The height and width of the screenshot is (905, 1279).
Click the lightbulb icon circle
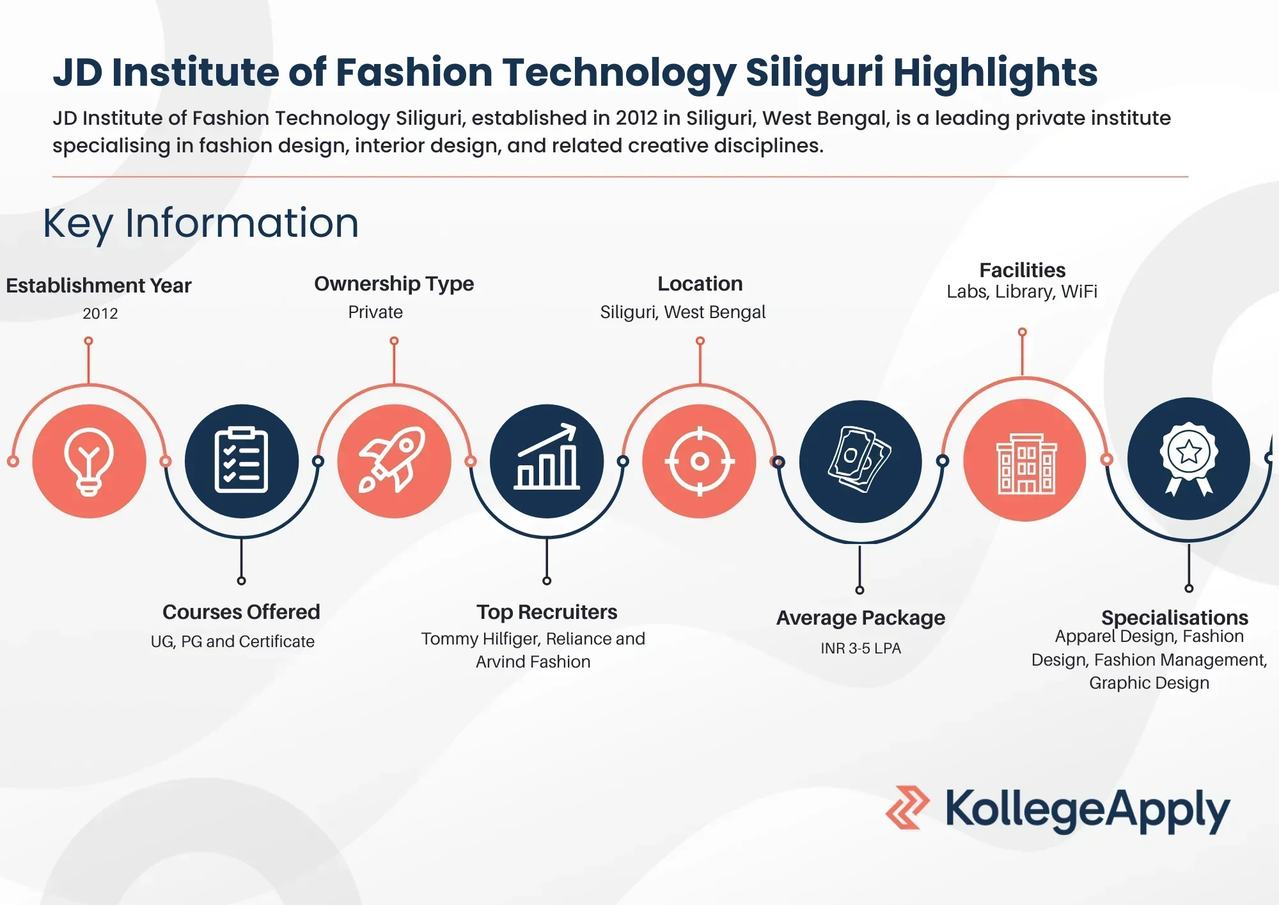(89, 461)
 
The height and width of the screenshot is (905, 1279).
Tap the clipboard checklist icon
(241, 461)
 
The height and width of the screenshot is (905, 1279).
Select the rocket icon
(394, 461)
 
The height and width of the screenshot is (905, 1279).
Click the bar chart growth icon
(547, 461)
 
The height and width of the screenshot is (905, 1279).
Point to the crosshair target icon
(700, 461)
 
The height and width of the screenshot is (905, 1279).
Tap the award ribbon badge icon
(1188, 458)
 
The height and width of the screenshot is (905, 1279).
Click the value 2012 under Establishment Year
(100, 314)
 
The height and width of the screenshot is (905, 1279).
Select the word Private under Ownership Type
(375, 312)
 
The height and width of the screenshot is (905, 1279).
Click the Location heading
(700, 284)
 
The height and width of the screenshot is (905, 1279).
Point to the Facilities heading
(1022, 270)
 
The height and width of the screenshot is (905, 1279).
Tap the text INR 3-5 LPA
(861, 648)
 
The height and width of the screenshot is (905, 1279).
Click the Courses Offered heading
(241, 612)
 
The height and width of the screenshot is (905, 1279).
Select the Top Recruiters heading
(547, 612)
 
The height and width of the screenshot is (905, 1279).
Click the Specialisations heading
(1174, 618)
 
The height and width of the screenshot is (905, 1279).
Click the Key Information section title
(201, 223)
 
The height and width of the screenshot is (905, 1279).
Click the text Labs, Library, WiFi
(1022, 292)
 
